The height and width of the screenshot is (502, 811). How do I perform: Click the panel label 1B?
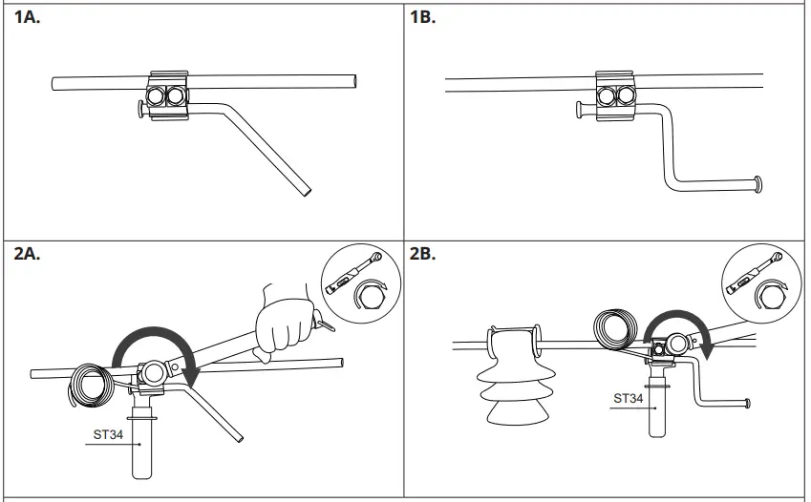point(422,18)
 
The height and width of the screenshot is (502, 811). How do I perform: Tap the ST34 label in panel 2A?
point(106,435)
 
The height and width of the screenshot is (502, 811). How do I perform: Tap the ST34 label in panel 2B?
point(628,398)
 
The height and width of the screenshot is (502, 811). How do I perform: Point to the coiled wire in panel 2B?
point(612,330)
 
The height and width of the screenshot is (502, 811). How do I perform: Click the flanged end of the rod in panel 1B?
point(758,183)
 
